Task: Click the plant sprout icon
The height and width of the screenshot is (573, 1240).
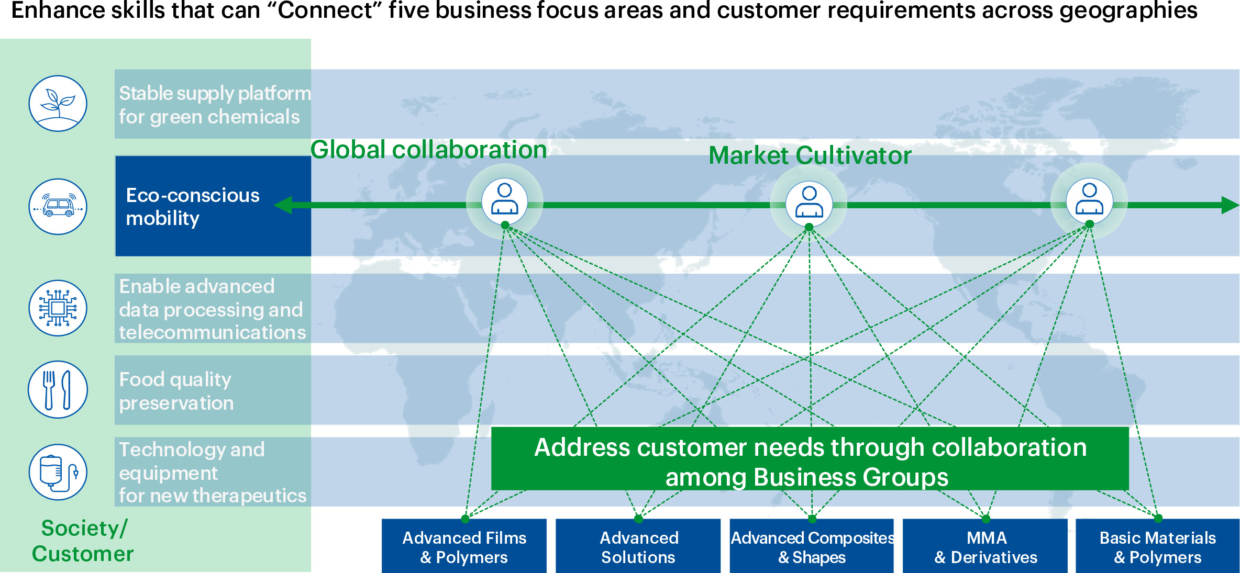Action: (58, 103)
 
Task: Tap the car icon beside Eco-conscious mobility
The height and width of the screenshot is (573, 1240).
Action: (58, 206)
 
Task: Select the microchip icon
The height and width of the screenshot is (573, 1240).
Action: (58, 308)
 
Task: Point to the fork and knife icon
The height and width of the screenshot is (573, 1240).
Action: (58, 389)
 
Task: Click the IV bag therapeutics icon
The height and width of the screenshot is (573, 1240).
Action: (58, 472)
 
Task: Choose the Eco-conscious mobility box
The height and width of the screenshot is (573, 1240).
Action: (213, 206)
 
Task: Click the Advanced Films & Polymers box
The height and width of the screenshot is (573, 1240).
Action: (464, 546)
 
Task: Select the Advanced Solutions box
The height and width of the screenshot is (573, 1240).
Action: (638, 546)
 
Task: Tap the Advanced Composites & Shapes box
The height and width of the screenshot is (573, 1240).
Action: (812, 546)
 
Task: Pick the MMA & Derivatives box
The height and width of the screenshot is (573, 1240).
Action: (986, 546)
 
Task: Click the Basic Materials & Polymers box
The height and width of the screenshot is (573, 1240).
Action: (1157, 546)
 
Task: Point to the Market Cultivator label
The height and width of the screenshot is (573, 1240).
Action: (810, 155)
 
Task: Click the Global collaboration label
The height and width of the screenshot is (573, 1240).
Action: (428, 150)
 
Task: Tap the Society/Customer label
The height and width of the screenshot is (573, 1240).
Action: (83, 541)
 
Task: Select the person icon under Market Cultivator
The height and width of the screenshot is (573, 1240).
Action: (809, 202)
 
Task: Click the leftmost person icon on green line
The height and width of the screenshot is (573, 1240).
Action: (504, 199)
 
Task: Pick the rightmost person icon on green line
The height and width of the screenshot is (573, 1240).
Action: (1089, 199)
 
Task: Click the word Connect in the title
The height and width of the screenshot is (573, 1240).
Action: (325, 10)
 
